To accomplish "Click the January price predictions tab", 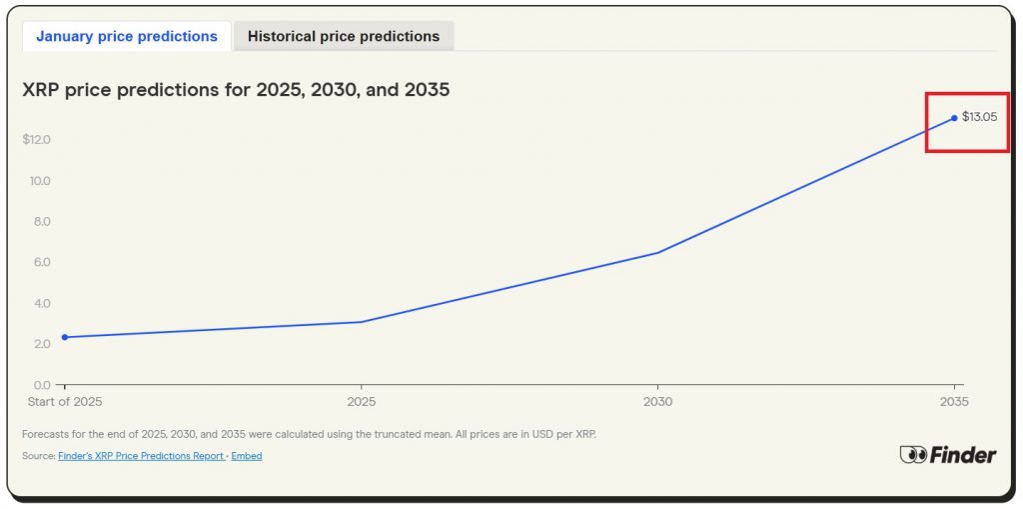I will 127,36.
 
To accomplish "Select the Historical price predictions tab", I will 343,36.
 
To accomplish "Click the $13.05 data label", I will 979,117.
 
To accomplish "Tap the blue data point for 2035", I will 954,118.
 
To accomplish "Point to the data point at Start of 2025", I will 65,337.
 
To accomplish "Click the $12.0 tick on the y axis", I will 36,139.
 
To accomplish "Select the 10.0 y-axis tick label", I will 40,181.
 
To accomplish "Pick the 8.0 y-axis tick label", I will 42,222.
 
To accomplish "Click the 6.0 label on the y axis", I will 42,262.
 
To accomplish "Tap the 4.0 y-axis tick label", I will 42,303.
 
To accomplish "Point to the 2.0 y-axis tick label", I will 42,344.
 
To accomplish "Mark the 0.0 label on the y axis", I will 42,385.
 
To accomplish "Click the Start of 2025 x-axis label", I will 65,402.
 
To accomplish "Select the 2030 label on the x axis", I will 657,402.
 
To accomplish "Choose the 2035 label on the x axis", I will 954,402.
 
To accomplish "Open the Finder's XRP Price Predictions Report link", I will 141,456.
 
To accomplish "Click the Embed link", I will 247,456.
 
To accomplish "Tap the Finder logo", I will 947,455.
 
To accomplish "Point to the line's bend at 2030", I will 657,252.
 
